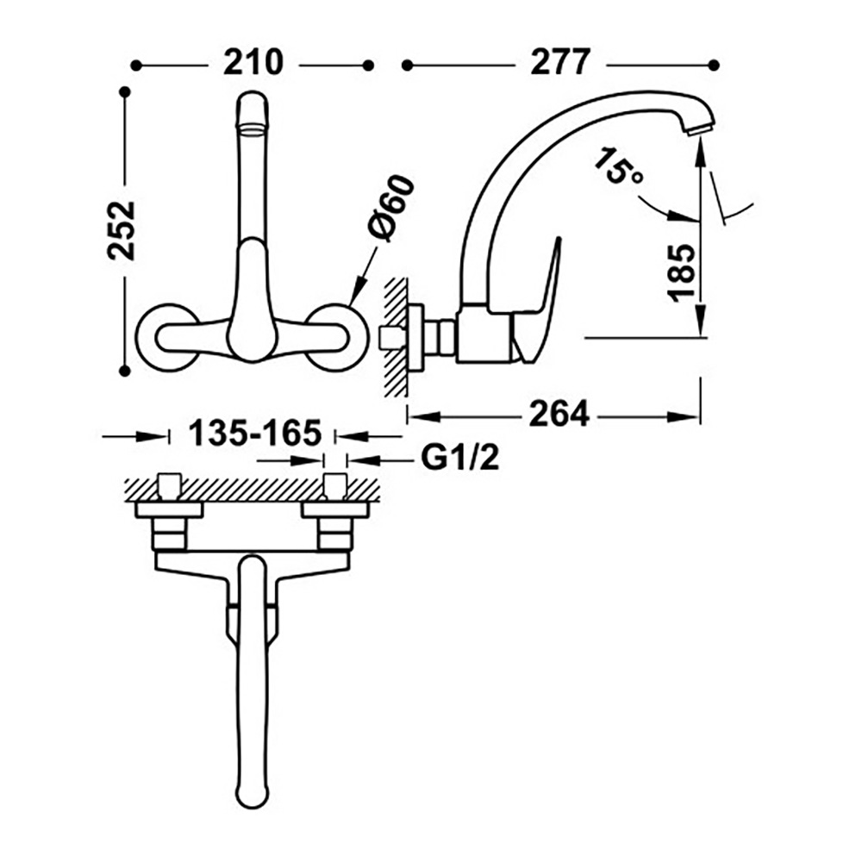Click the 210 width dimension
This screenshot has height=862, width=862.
coord(253,63)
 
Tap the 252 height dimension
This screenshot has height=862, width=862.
coord(122,230)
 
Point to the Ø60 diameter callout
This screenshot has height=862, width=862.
coord(391,208)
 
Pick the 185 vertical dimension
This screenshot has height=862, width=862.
coord(681,272)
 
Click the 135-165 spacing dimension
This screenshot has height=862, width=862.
coord(254,433)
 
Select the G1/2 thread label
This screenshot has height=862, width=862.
coord(460,458)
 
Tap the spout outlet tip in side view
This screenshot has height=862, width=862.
coord(700,130)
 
